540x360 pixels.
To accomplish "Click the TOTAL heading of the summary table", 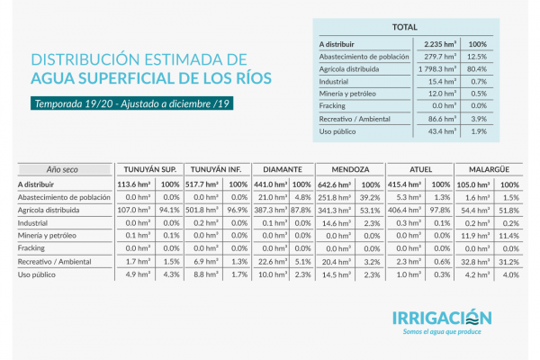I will tap(404, 27).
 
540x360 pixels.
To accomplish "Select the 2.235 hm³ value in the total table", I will tap(439, 43).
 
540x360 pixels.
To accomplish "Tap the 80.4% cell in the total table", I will tap(478, 68).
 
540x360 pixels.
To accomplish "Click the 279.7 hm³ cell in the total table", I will tap(438, 56).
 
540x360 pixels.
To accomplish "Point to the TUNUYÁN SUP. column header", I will tap(148, 168).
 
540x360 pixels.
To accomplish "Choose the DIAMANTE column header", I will tap(283, 168).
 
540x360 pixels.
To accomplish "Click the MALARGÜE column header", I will tap(485, 168).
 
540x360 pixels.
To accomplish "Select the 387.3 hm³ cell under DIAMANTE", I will tap(271, 210).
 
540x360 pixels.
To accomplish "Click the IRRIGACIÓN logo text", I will tap(442, 318).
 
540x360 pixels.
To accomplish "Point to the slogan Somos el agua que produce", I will tap(442, 333).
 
